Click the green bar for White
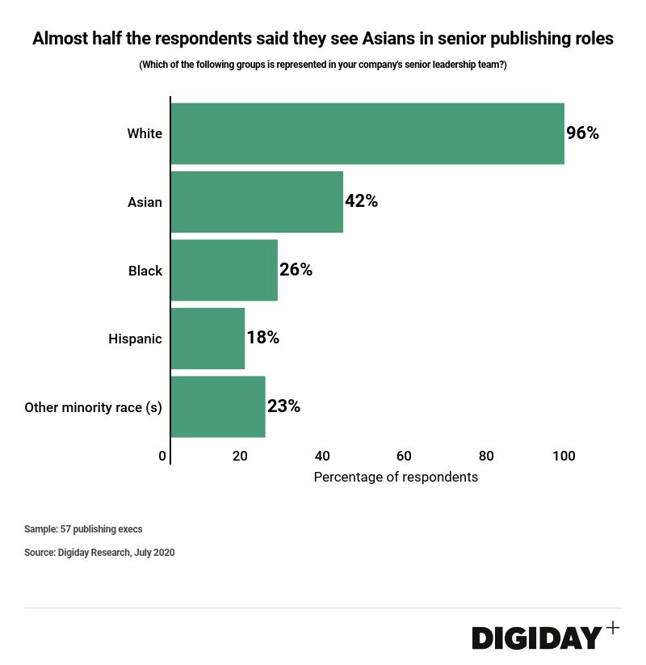pos(367,133)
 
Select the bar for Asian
pos(257,202)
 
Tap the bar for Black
pos(224,270)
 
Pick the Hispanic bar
pos(208,339)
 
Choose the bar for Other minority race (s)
pos(218,406)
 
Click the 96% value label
pos(582,133)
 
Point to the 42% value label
pos(361,201)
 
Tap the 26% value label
pos(296,270)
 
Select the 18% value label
pos(263,338)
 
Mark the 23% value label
pos(283,406)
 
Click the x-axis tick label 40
pos(322,456)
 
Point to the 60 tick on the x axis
pos(404,456)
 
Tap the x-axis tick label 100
pos(564,456)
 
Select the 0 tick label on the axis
pos(162,456)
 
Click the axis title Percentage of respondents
pos(396,477)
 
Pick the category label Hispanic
pos(135,339)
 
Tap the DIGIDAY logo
pos(545,636)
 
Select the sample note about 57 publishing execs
pos(83,529)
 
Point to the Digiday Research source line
pos(99,553)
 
